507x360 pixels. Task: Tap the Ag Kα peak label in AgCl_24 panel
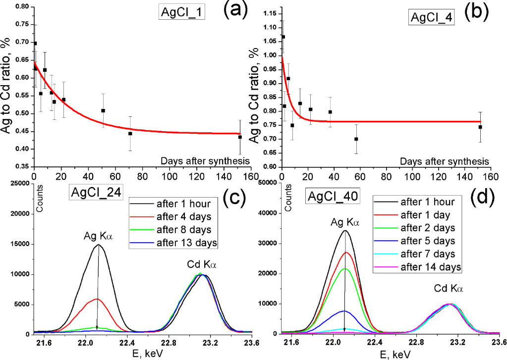click(x=98, y=237)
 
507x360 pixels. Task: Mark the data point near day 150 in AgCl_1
click(x=240, y=137)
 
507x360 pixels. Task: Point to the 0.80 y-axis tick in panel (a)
click(x=22, y=6)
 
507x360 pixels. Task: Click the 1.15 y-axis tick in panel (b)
click(x=270, y=13)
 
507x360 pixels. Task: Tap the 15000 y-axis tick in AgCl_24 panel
click(x=23, y=244)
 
